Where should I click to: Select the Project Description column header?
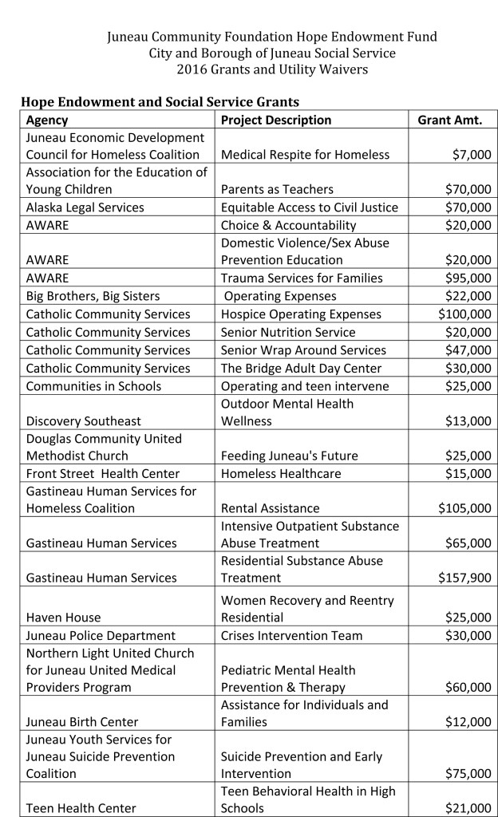[x=275, y=120]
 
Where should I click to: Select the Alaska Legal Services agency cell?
[x=85, y=207]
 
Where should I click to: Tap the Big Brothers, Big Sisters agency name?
[x=93, y=296]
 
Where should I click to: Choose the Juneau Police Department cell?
[x=101, y=636]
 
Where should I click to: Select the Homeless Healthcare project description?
[x=281, y=474]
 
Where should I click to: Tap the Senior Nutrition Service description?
[x=288, y=332]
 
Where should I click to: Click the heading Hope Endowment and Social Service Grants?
[x=160, y=102]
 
